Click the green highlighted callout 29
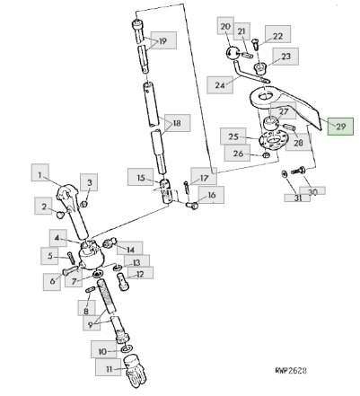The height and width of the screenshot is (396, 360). (x=340, y=127)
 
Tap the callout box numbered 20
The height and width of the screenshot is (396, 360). (x=225, y=25)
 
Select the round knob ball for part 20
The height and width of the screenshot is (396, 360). (x=231, y=53)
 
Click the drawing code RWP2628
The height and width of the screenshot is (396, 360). (x=291, y=371)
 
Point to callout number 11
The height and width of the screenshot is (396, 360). (x=109, y=367)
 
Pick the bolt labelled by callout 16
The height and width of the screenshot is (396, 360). (x=192, y=206)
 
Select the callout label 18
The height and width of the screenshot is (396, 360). (x=177, y=123)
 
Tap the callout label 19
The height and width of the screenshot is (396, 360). (x=163, y=40)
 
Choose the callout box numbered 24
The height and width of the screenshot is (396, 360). (x=220, y=84)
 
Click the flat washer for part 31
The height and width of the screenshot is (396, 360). (x=284, y=173)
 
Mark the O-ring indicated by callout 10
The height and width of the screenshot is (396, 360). (x=127, y=349)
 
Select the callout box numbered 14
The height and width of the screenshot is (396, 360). (x=130, y=249)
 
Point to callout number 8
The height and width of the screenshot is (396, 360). (x=86, y=309)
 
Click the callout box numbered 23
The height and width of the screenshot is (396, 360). (x=285, y=57)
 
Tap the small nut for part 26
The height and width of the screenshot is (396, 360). (x=265, y=155)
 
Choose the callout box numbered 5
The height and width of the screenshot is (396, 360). (x=49, y=256)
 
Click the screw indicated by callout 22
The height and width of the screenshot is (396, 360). (x=255, y=44)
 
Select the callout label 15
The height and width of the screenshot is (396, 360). (x=141, y=177)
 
